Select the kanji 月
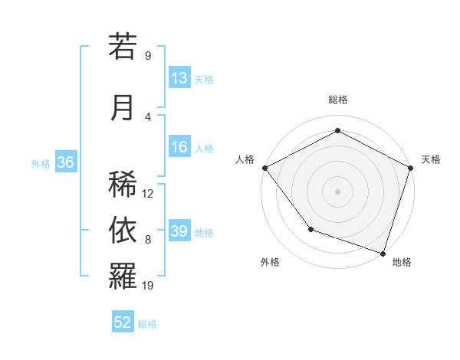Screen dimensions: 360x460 click(123, 107)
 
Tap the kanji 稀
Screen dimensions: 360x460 click(123, 184)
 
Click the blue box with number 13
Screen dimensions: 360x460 click(179, 78)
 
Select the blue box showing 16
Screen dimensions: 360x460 click(179, 148)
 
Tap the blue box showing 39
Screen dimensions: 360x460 click(179, 232)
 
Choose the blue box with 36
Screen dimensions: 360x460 click(65, 162)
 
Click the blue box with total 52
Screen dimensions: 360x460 click(123, 322)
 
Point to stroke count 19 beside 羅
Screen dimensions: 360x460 click(149, 286)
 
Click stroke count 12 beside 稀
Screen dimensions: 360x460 click(149, 193)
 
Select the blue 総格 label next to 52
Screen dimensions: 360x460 click(147, 324)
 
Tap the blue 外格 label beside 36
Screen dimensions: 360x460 click(41, 163)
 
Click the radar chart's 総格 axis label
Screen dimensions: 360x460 click(337, 100)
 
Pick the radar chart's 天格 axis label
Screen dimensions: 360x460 click(432, 159)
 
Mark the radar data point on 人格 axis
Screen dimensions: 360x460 click(264, 167)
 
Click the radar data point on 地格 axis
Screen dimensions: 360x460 click(383, 253)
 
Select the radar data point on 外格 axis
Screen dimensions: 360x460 click(310, 228)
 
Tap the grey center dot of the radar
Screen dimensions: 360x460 click(337, 191)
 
